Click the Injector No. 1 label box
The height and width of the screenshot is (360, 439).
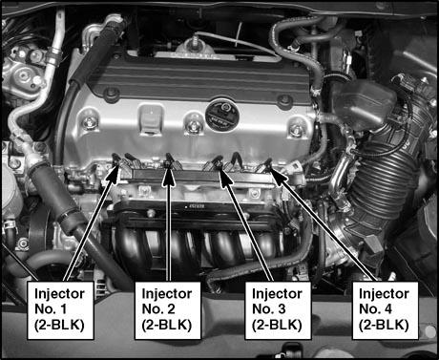click(x=60, y=310)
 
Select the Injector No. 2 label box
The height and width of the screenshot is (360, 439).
click(x=168, y=310)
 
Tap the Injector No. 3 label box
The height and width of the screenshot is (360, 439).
click(x=278, y=310)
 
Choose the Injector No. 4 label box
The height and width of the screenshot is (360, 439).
click(x=385, y=310)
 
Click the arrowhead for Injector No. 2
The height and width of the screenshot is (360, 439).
click(x=168, y=175)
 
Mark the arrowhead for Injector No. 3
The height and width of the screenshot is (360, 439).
click(x=224, y=175)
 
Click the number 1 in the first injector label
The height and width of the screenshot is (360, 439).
click(x=63, y=309)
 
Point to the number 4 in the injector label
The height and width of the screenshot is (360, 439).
click(x=387, y=309)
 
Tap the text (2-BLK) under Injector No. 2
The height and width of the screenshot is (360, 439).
click(x=167, y=325)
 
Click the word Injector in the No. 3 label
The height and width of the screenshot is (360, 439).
click(x=277, y=294)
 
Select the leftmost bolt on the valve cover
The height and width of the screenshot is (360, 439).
click(x=89, y=122)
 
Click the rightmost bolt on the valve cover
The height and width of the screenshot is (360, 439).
click(x=297, y=128)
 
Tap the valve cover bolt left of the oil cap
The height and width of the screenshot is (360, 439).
click(x=193, y=125)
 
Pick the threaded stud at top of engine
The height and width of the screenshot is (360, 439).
click(x=194, y=43)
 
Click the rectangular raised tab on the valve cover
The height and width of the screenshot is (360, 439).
click(x=152, y=117)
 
